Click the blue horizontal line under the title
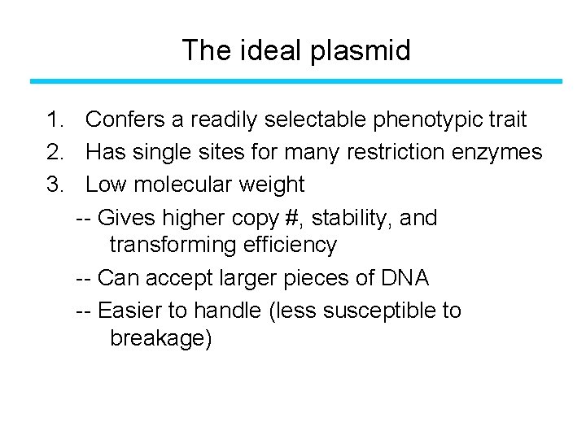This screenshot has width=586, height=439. point(296,81)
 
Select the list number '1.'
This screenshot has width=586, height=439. point(55,120)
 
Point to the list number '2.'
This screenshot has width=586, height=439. point(55,152)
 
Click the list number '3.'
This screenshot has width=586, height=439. point(55,185)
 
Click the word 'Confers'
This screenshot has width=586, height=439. point(125,120)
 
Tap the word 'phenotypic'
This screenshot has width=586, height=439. point(427,121)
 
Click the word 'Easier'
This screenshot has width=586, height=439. point(132,311)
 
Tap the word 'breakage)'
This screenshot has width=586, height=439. point(160,338)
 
